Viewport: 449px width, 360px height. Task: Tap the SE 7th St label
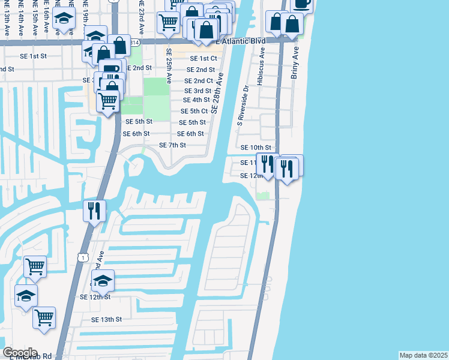[x=172, y=145]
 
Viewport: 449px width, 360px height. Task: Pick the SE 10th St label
[x=256, y=148]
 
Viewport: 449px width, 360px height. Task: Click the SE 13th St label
[x=106, y=320]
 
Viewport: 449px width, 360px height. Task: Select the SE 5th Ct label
[x=194, y=112]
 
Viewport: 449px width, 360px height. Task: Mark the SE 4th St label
[x=196, y=100]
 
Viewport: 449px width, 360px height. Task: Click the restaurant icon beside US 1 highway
[x=94, y=211]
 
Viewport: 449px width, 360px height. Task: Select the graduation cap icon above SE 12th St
[x=103, y=281]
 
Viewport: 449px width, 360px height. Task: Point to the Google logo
[x=20, y=353]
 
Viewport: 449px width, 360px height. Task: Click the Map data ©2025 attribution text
[x=423, y=355]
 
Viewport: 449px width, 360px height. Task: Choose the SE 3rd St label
[x=196, y=91]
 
